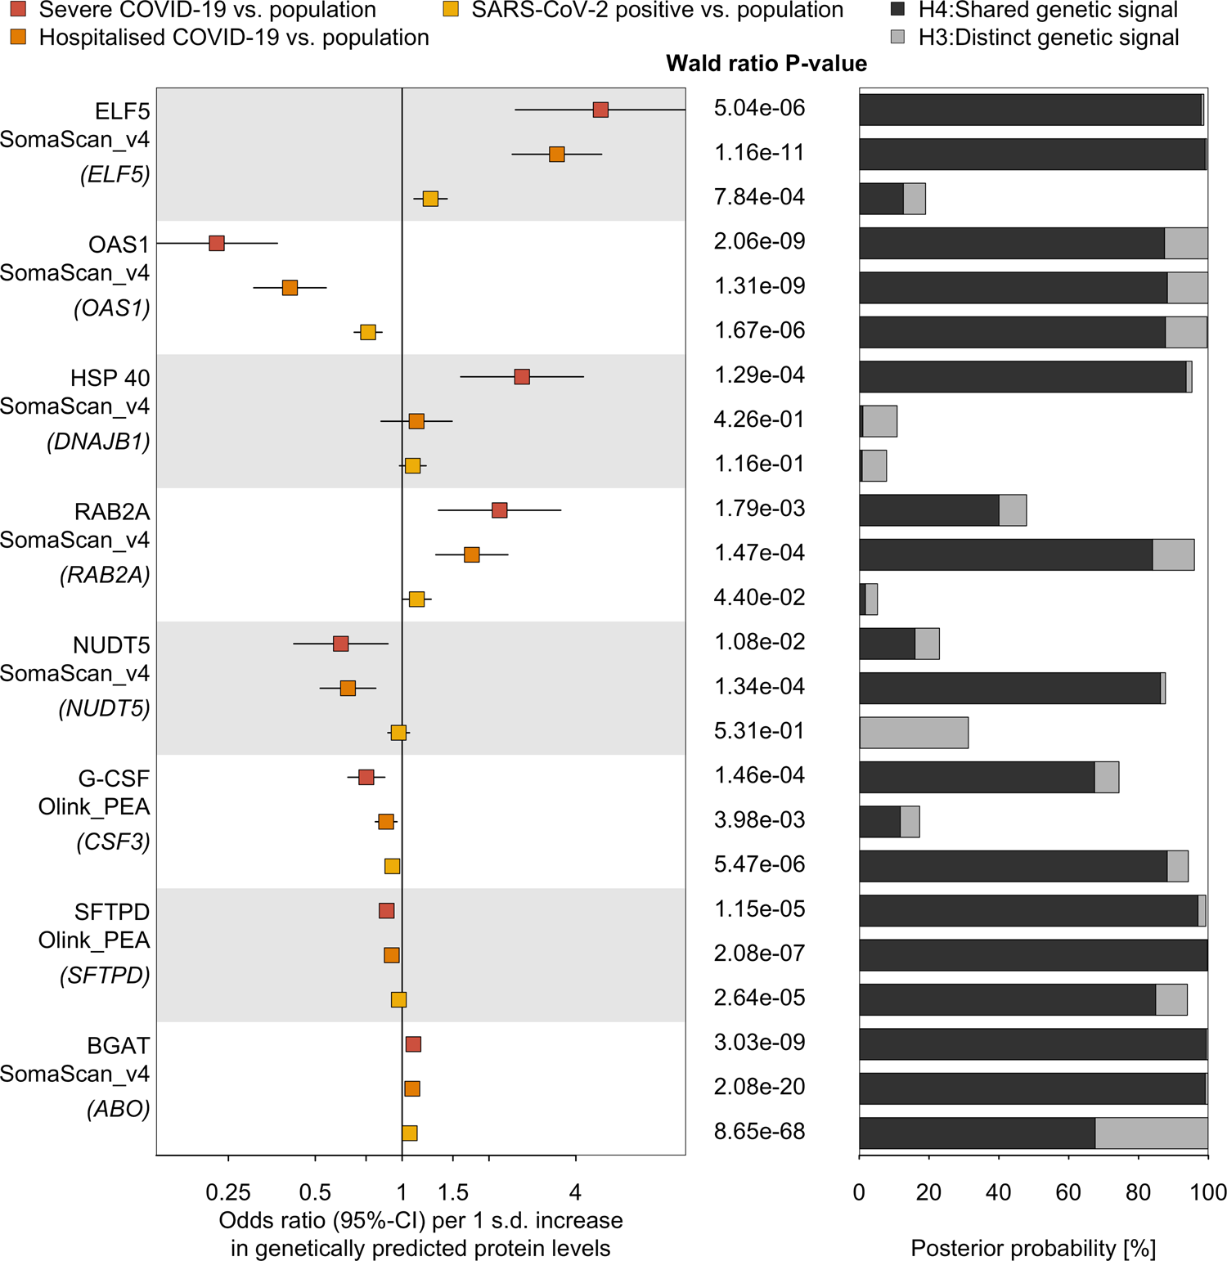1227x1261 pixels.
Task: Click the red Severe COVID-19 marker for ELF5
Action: pyautogui.click(x=600, y=110)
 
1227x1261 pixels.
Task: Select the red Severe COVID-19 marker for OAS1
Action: pyautogui.click(x=217, y=243)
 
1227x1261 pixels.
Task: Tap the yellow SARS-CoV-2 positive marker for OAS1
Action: pyautogui.click(x=368, y=332)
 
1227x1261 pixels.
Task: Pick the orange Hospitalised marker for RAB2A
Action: pyautogui.click(x=472, y=554)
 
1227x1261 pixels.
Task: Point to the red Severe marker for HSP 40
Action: pyautogui.click(x=522, y=376)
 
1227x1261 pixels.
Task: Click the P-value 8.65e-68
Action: pyautogui.click(x=759, y=1132)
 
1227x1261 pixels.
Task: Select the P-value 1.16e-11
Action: pyautogui.click(x=759, y=153)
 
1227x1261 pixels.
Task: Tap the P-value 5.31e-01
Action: pyautogui.click(x=759, y=731)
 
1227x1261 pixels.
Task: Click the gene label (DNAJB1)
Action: pyautogui.click(x=98, y=442)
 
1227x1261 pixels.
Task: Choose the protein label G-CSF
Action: pyautogui.click(x=114, y=779)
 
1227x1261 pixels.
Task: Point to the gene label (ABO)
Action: pyautogui.click(x=118, y=1109)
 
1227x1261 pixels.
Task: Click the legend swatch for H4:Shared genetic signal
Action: pyautogui.click(x=897, y=10)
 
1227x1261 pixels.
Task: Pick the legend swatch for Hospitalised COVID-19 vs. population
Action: pyautogui.click(x=18, y=37)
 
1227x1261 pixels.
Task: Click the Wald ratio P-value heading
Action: pyautogui.click(x=766, y=64)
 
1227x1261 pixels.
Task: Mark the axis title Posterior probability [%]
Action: pyautogui.click(x=1033, y=1248)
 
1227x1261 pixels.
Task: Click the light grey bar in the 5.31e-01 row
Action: pyautogui.click(x=914, y=733)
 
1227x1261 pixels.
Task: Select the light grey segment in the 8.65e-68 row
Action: pyautogui.click(x=1151, y=1133)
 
